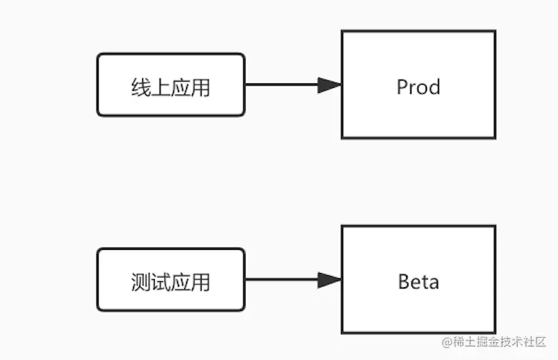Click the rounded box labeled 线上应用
[170, 85]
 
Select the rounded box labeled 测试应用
[170, 280]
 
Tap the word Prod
[418, 87]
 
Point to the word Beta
[418, 282]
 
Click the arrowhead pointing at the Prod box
[329, 85]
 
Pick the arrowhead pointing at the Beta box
[329, 280]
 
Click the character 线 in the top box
[140, 88]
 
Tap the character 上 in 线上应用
[160, 88]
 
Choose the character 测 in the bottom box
[140, 283]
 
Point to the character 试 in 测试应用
[160, 283]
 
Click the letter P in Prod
[403, 87]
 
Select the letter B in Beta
[404, 282]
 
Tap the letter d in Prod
[434, 87]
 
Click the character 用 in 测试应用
[200, 283]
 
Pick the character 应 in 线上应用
[180, 88]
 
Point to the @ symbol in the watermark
[446, 342]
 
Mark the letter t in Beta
[425, 282]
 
